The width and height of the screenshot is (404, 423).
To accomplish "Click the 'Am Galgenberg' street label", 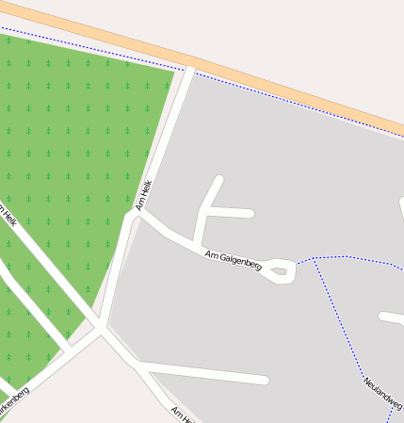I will click(233, 259).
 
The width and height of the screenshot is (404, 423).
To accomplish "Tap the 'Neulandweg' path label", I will click(381, 393).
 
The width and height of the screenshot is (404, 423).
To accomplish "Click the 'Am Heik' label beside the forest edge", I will click(143, 195).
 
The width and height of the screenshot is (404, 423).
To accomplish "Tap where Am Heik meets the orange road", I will click(191, 68).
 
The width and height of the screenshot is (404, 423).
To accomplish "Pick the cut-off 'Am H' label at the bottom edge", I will click(183, 415).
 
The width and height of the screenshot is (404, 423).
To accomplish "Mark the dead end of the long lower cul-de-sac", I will click(265, 381).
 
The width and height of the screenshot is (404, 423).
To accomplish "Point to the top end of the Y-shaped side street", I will click(220, 178).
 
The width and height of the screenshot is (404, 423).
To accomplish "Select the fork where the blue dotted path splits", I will click(314, 259).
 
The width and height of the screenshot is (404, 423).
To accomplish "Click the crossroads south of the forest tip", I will click(100, 329).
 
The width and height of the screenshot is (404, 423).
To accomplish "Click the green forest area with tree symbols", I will click(66, 141).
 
